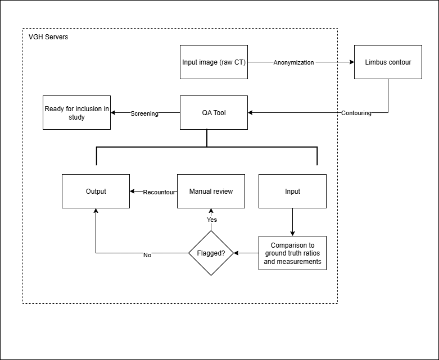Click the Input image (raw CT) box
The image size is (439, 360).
tap(214, 62)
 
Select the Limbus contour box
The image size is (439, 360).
tap(388, 62)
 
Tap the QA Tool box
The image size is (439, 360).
tap(214, 113)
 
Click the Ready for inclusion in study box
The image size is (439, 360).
tap(77, 113)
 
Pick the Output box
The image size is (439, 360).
tap(96, 192)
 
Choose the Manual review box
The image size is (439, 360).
tap(211, 192)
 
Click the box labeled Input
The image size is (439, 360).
tap(292, 192)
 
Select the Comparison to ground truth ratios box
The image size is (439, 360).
tap(292, 253)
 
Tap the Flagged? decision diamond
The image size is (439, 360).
tap(211, 253)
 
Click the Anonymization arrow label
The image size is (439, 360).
tap(293, 62)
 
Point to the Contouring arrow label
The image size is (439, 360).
tap(356, 113)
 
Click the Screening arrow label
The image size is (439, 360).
tap(144, 113)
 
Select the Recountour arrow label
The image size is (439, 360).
tap(160, 192)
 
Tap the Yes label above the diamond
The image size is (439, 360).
tap(211, 220)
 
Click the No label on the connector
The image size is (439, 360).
tap(147, 255)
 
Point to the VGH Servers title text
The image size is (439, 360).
tap(48, 37)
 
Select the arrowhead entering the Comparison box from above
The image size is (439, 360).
tap(292, 233)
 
